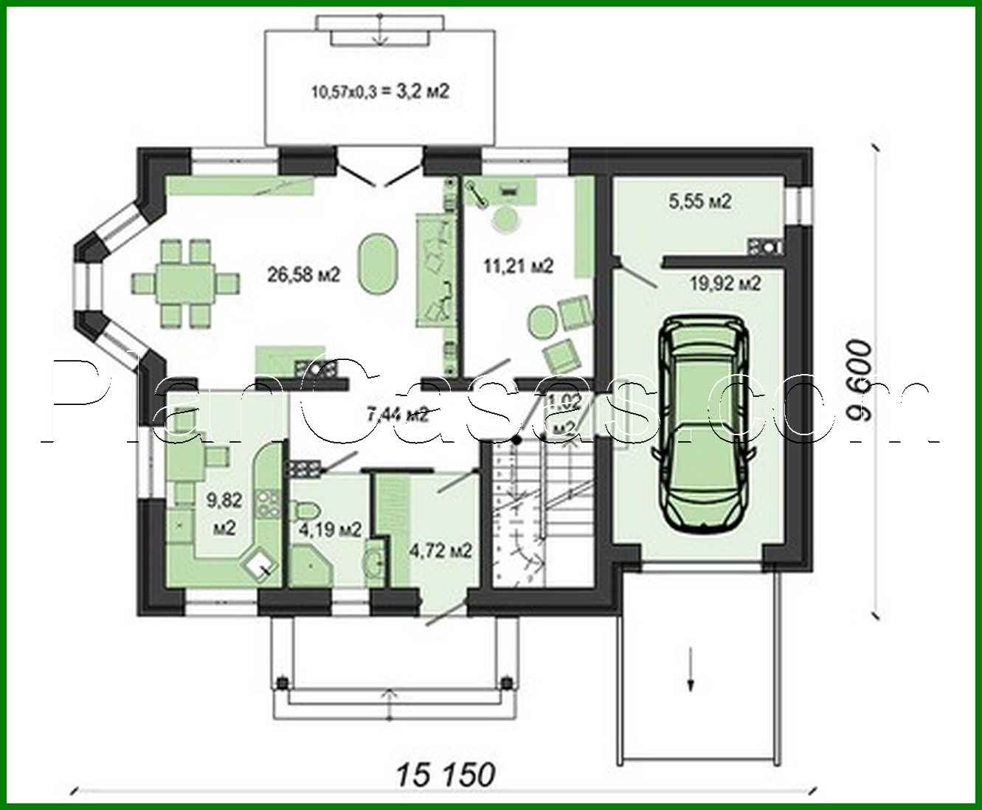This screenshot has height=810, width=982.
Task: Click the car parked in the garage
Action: pos(705,424)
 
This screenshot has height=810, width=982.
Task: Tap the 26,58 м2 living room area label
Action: pos(303,275)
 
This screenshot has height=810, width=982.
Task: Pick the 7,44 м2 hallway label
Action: pos(397,414)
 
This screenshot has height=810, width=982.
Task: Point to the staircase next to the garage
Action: pos(544,509)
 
